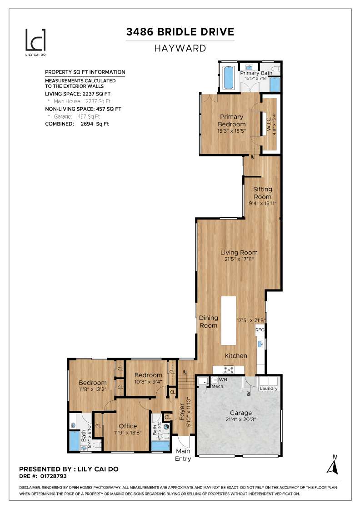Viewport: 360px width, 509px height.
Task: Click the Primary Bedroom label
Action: (231, 120)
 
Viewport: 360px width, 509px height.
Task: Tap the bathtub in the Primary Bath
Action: (228, 78)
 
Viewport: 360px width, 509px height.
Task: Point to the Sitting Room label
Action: (263, 193)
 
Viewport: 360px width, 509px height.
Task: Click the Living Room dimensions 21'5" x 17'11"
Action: (239, 259)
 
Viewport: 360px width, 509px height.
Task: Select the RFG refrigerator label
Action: (260, 330)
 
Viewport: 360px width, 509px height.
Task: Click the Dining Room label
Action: (209, 322)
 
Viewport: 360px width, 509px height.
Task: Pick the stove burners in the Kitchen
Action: (229, 369)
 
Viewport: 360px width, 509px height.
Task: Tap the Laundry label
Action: (269, 389)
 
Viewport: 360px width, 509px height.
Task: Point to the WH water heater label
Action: (223, 379)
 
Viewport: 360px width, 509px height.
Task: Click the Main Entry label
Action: (183, 455)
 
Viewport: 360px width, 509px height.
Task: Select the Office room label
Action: (128, 426)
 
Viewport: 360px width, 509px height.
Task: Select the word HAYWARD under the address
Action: (180, 48)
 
